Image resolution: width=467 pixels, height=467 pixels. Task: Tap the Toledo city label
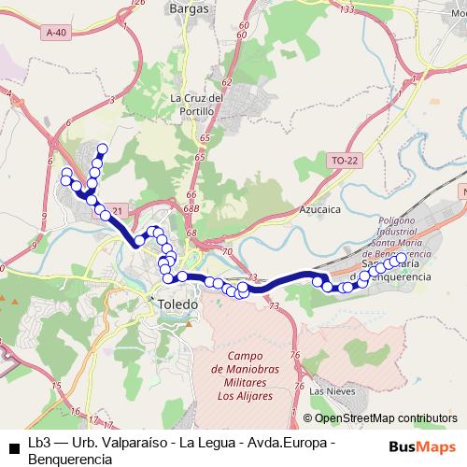coord(177,305)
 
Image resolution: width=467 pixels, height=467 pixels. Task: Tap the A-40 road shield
coord(56,32)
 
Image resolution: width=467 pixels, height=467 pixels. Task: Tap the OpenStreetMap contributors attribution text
coord(380,418)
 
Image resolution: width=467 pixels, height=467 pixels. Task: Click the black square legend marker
coord(14,446)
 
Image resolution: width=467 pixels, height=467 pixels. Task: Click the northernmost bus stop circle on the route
coord(102,149)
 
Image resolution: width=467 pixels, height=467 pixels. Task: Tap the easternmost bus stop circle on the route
coord(402,258)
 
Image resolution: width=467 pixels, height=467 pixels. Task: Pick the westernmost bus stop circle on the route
coord(65,175)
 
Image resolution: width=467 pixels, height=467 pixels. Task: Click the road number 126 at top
coord(140,4)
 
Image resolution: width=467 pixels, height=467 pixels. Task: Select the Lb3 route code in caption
coord(38,442)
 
